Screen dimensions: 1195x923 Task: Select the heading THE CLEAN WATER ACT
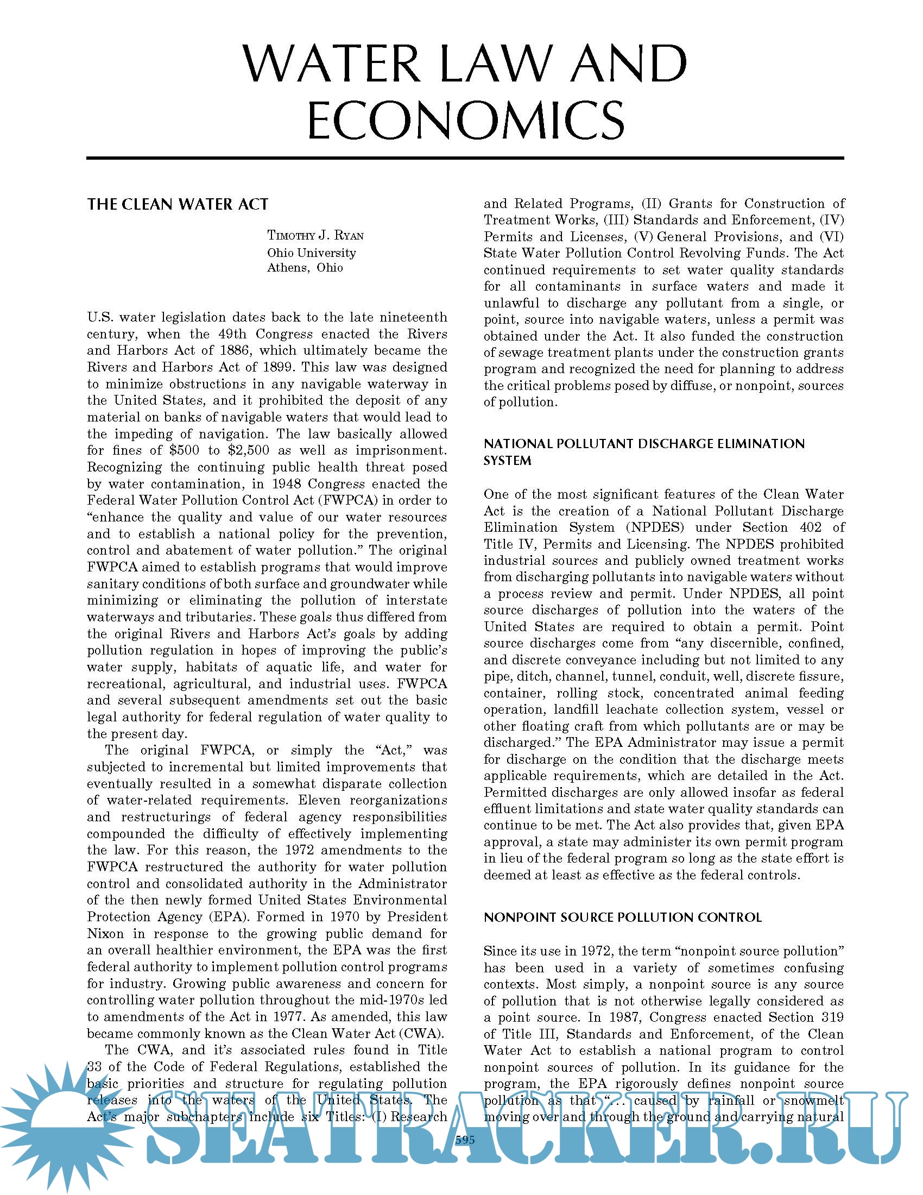point(178,205)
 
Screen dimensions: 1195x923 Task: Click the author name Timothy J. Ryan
point(315,235)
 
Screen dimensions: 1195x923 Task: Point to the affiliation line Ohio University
point(311,253)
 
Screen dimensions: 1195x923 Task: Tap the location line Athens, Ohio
point(305,268)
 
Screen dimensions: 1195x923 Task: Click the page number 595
point(465,1140)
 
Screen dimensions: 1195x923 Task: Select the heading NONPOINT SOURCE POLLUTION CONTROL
point(622,917)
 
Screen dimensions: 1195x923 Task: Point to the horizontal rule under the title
point(465,158)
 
